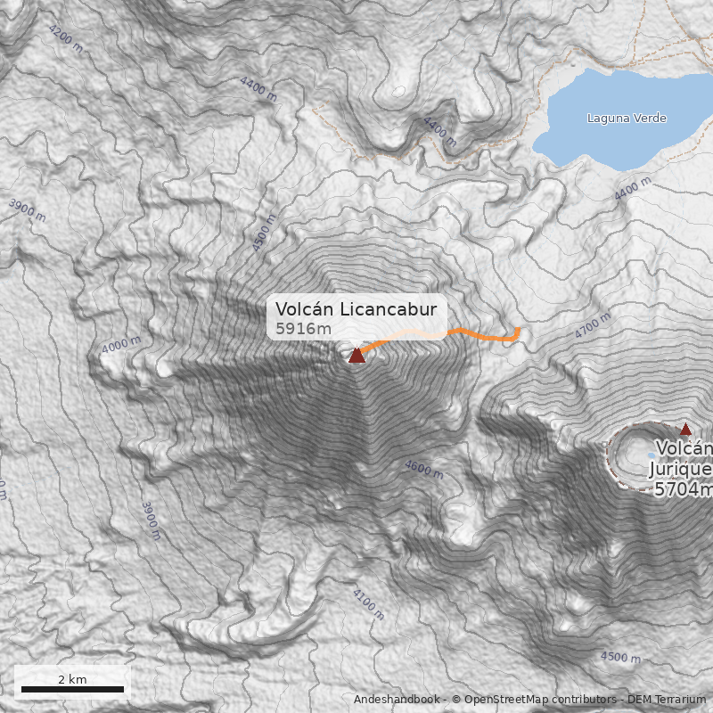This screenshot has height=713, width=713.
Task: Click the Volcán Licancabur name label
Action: click(356, 309)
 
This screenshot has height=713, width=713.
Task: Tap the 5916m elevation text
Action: click(303, 329)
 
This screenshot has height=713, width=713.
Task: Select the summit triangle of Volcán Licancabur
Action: click(356, 356)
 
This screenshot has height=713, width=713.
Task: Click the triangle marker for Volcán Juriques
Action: click(685, 429)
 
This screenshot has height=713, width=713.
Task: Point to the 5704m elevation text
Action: click(684, 489)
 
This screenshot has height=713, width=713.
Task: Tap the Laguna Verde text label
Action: click(627, 119)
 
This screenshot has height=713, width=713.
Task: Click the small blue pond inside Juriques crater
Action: click(652, 455)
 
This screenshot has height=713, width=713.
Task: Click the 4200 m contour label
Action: click(66, 39)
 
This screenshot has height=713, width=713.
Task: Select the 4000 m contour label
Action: click(121, 345)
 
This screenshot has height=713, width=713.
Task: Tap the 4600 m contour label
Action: click(423, 469)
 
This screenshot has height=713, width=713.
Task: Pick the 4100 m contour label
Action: click(368, 604)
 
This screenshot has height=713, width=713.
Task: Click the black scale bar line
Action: click(72, 689)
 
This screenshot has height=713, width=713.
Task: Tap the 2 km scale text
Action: click(72, 679)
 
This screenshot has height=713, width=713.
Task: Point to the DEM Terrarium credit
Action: click(666, 700)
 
